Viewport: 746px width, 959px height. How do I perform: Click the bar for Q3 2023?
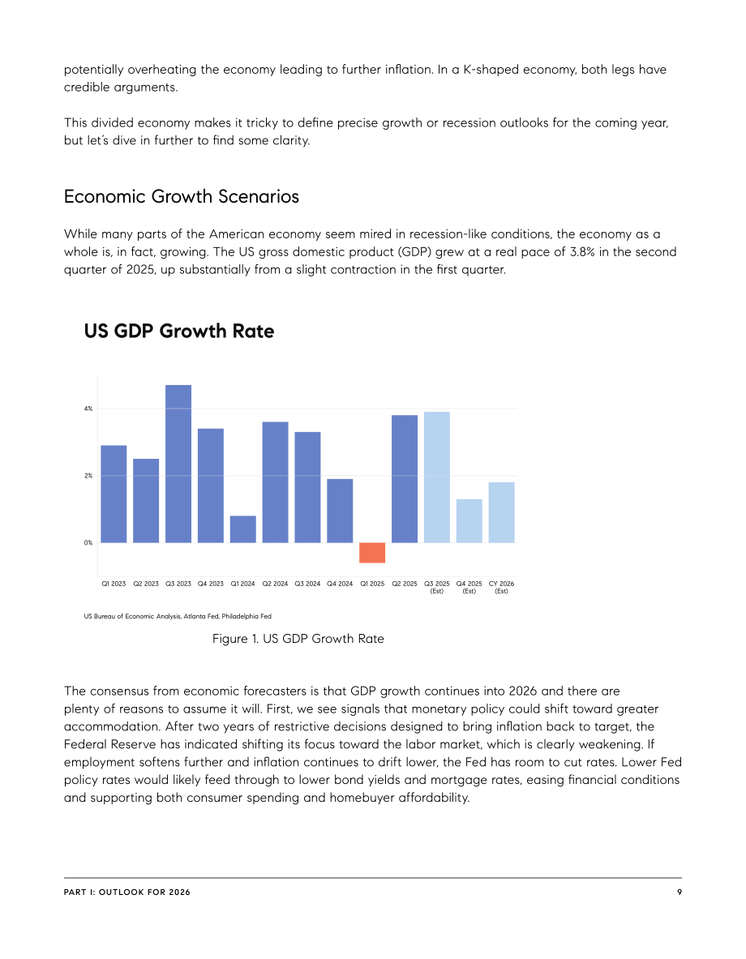178,464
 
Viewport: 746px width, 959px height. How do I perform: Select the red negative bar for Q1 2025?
372,552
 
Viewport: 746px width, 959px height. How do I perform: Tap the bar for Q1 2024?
243,529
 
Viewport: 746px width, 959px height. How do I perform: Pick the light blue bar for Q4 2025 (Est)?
469,521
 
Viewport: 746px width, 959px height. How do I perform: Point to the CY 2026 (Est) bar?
501,512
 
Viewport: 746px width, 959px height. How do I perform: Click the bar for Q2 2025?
405,479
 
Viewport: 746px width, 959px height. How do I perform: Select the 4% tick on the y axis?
88,409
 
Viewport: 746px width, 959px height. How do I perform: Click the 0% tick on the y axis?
88,542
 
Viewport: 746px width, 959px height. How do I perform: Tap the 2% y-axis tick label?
88,475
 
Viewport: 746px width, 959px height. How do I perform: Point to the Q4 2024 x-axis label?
340,584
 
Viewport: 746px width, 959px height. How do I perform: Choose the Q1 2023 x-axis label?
114,584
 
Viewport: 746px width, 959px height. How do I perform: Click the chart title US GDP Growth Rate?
178,331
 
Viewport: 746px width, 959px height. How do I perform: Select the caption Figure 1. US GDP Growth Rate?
298,639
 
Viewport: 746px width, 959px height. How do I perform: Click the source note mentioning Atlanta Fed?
178,616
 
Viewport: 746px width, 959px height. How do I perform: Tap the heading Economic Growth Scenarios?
181,196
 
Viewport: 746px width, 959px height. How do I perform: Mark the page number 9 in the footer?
680,893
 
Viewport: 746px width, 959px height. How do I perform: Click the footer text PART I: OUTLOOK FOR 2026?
126,893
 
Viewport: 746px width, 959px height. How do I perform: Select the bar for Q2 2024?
276,482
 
